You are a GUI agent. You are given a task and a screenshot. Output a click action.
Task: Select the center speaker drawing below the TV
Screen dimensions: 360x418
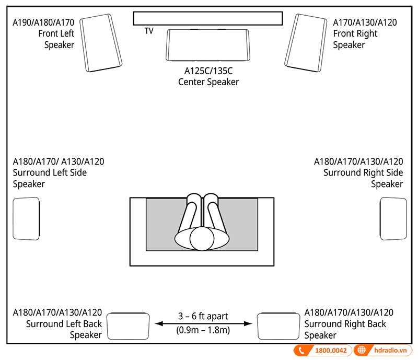[207, 46]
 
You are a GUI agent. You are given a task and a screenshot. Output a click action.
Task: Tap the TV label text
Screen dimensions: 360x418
[149, 31]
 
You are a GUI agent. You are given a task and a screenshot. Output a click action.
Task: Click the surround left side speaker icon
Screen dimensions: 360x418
[27, 218]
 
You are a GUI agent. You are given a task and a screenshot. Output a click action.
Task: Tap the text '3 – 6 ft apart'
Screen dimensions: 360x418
[203, 316]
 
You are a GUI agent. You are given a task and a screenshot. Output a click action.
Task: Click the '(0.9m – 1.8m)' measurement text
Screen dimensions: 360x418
[203, 331]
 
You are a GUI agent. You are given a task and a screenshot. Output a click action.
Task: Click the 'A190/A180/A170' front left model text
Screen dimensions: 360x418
[44, 22]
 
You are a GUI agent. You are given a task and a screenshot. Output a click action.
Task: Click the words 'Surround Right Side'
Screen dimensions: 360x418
[363, 173]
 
